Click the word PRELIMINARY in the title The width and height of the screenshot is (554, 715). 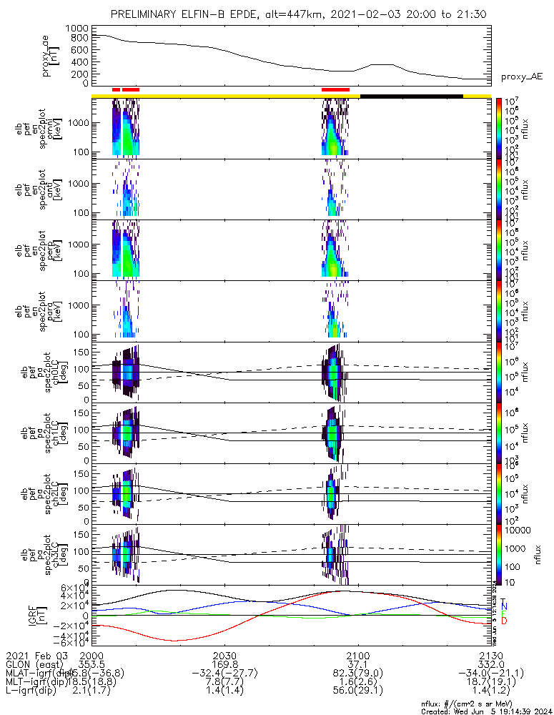point(144,14)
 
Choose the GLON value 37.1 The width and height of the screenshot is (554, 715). point(357,664)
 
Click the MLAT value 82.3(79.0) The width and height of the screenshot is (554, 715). point(357,673)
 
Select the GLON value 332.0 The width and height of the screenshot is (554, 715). point(490,664)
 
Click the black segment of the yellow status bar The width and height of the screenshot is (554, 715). point(411,96)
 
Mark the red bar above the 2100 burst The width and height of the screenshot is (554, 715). point(335,89)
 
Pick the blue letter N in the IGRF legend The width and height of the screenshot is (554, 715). point(503,606)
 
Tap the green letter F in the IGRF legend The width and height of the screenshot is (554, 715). point(503,613)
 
